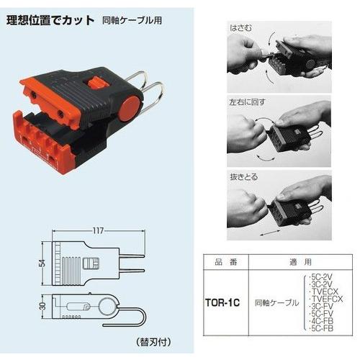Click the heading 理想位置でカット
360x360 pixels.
(x=50, y=21)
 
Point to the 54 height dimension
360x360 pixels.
(x=42, y=263)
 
